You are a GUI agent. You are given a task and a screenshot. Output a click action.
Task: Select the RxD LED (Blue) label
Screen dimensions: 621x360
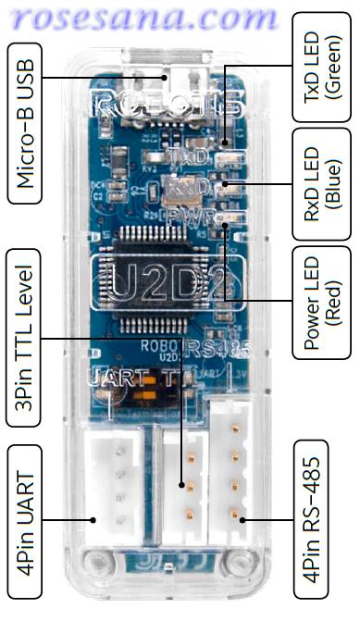(317, 186)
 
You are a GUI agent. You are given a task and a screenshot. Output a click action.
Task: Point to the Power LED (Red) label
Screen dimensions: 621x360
(317, 303)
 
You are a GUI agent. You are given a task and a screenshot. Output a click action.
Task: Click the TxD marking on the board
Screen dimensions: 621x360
(191, 157)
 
